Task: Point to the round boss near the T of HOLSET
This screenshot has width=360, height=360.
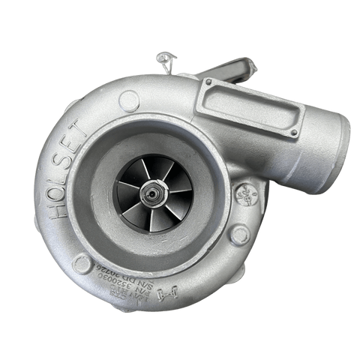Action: tap(128, 100)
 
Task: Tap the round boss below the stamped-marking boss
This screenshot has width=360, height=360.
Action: tap(239, 235)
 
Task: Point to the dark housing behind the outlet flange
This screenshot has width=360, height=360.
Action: tap(229, 73)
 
